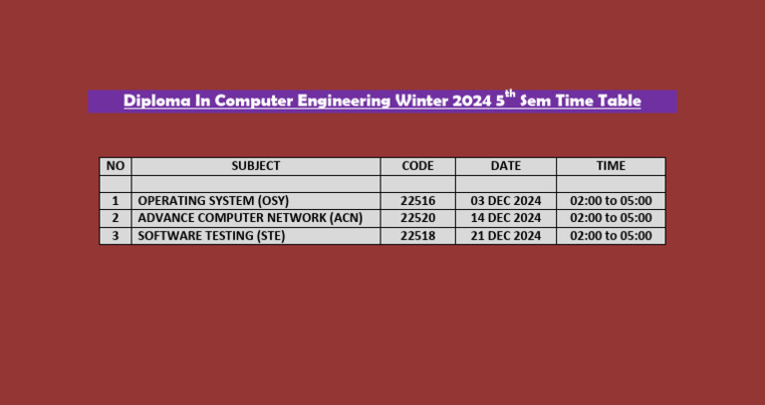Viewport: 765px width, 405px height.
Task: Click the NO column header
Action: (116, 166)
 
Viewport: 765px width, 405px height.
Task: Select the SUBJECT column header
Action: (256, 166)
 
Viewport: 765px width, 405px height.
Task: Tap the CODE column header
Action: (417, 166)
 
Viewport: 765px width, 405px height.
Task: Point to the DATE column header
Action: (506, 166)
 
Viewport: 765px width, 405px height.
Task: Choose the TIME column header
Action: (611, 166)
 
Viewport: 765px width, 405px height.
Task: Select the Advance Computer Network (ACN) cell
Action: (250, 218)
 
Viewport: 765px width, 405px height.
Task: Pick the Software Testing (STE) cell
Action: (204, 236)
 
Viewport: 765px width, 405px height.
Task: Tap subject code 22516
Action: (417, 201)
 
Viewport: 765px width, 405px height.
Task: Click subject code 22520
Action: (417, 218)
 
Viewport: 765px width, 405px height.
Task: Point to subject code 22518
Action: (417, 236)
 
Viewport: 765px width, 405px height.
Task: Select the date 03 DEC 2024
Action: (506, 201)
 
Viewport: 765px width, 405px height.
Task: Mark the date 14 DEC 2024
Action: (506, 218)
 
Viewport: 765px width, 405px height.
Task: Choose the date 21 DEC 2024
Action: (506, 236)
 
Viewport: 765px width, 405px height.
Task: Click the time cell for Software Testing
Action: (611, 236)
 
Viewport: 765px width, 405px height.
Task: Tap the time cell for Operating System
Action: (611, 201)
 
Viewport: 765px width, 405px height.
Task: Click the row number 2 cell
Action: (116, 218)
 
